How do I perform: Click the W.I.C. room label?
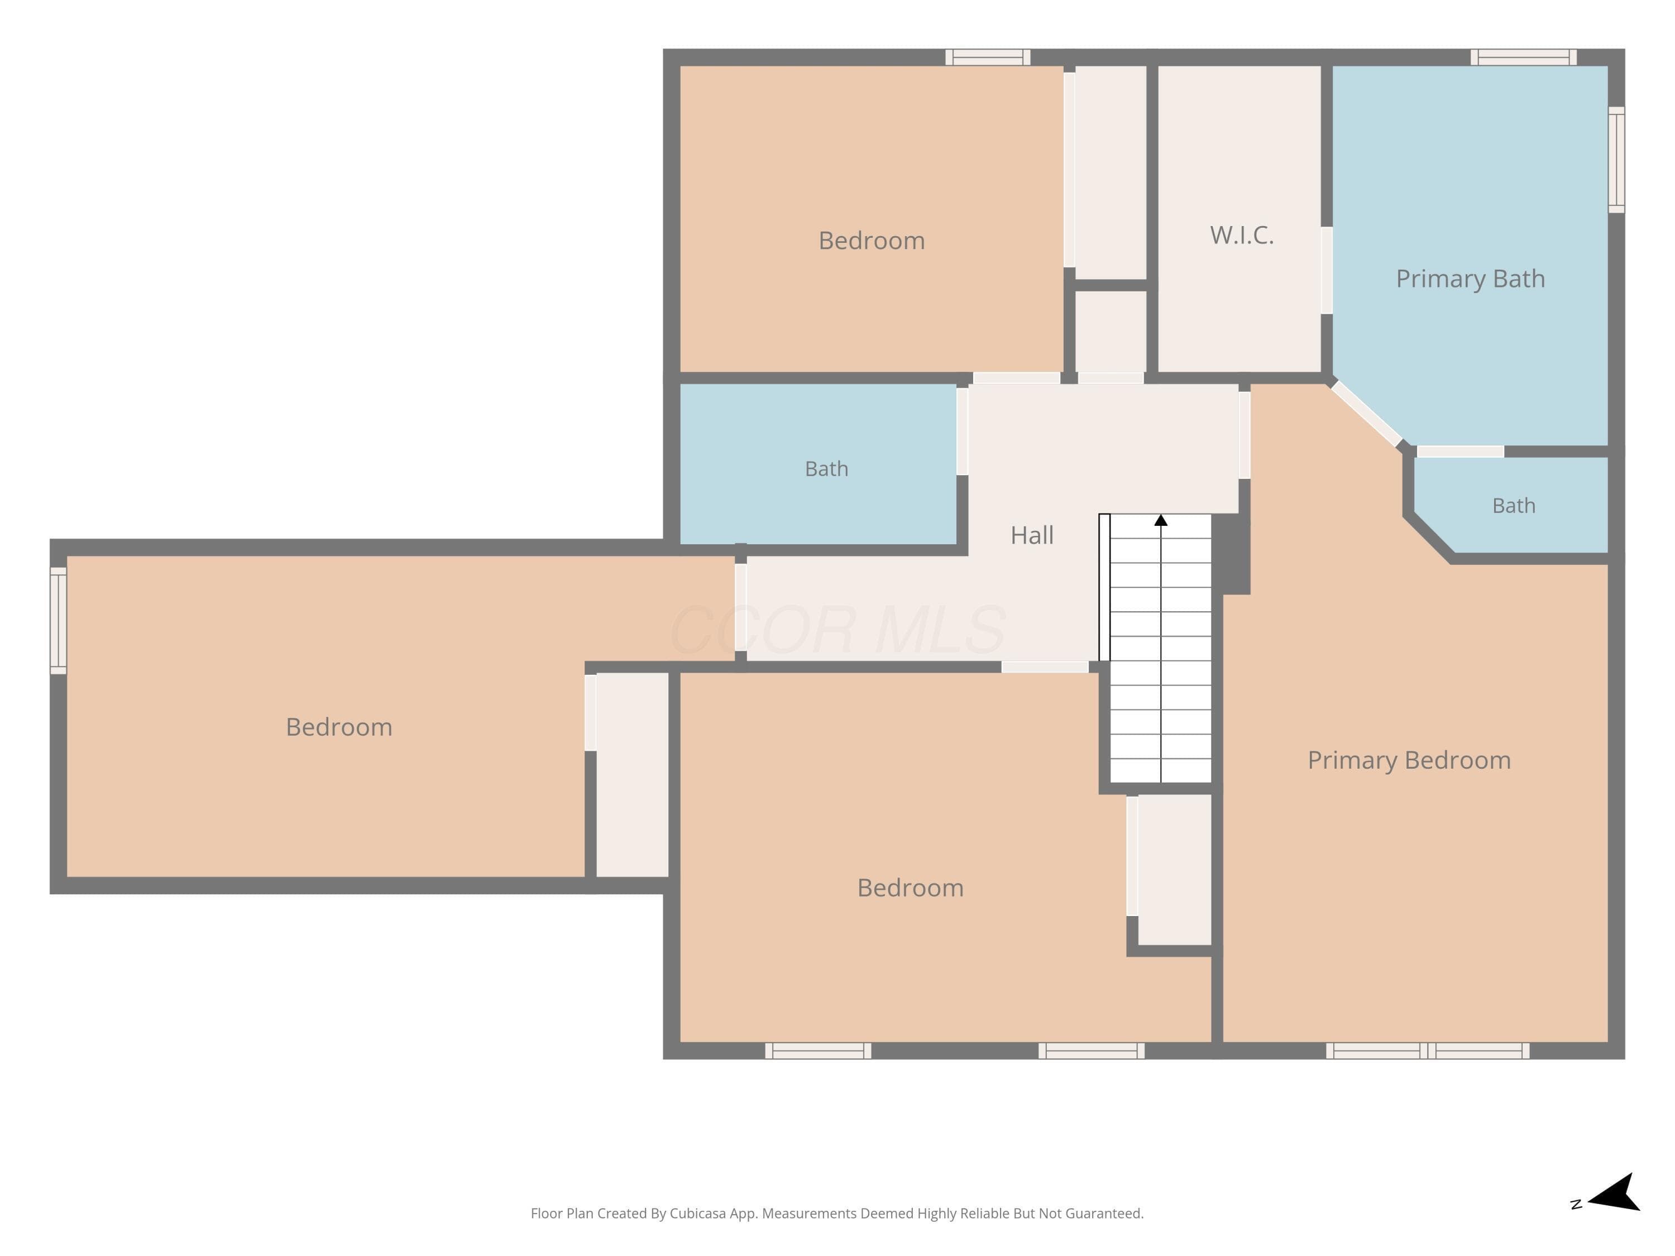point(1242,236)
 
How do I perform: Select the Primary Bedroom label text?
point(1409,760)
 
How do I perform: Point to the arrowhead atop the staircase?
point(1161,520)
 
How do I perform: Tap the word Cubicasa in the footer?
point(697,1214)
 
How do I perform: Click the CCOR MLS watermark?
point(837,630)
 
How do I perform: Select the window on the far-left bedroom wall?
point(58,621)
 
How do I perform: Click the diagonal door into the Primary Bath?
point(1367,414)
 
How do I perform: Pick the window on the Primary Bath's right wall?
point(1616,160)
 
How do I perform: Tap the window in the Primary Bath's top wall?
point(1524,57)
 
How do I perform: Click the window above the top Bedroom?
point(988,57)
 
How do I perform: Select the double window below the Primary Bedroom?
point(1428,1051)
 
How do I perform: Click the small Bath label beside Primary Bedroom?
point(1514,506)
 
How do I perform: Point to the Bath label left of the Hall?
point(826,469)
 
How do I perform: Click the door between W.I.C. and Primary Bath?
point(1327,270)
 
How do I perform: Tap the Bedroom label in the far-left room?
point(339,727)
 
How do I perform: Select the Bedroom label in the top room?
point(872,241)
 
